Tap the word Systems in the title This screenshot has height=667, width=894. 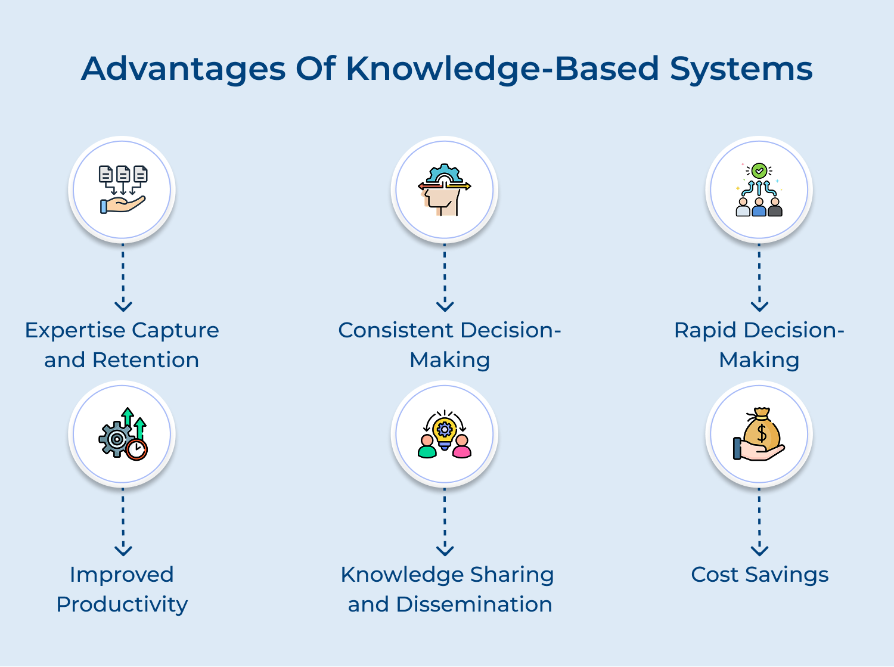[741, 69]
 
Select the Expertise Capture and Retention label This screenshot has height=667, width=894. [122, 345]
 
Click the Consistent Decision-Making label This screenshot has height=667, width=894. [449, 345]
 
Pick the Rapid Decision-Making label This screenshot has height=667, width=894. [759, 345]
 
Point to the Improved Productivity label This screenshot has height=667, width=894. [122, 589]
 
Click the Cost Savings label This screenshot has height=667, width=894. [760, 575]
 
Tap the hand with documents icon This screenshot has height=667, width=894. [123, 190]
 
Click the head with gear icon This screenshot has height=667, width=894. [445, 190]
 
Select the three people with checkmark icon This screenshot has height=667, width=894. [759, 190]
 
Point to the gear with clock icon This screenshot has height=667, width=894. [123, 434]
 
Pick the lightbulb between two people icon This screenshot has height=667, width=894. [445, 434]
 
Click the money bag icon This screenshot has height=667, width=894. [759, 434]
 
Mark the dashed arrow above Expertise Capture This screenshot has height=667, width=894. [123, 278]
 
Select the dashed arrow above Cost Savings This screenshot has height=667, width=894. [759, 522]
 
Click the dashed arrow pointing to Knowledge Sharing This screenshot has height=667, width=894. [445, 522]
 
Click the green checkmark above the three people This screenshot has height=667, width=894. [759, 171]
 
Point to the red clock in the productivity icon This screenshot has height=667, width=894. [137, 449]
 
